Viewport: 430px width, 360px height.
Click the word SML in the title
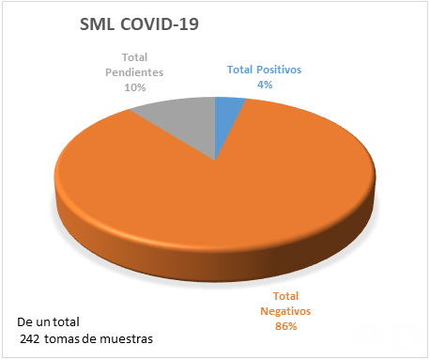click(102, 25)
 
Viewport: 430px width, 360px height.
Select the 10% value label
click(134, 86)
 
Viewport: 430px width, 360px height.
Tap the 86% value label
click(286, 326)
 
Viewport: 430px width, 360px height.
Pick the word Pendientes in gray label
click(134, 71)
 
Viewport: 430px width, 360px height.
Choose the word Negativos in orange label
click(286, 312)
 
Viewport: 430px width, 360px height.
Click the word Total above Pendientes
click(134, 57)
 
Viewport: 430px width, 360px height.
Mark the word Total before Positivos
click(242, 70)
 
